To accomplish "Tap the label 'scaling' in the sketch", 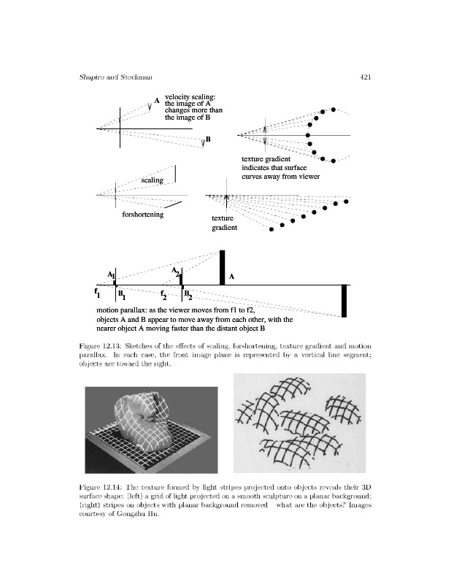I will click(153, 180).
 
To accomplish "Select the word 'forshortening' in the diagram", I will click(143, 215).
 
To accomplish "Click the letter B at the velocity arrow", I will click(208, 139).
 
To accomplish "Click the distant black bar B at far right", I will click(344, 301).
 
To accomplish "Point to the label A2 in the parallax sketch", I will click(176, 272).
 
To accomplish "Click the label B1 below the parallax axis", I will click(121, 296).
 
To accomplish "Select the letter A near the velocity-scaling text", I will click(156, 101).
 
